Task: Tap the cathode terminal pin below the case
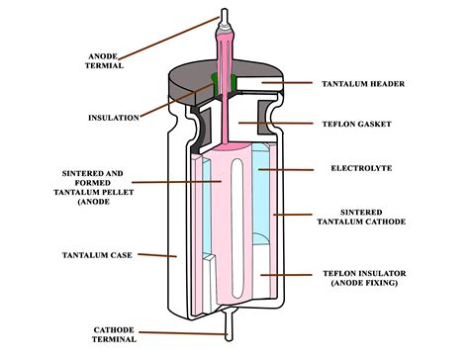231,320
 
